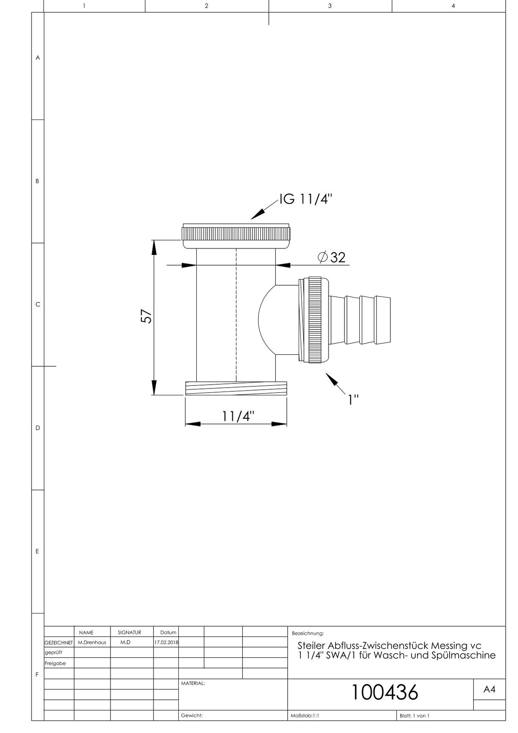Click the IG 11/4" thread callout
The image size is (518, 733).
point(306,199)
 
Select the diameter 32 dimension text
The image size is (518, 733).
point(332,257)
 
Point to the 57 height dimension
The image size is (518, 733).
point(146,316)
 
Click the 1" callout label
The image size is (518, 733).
point(353,400)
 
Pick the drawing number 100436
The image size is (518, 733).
point(384,692)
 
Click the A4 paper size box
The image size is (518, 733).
point(489,689)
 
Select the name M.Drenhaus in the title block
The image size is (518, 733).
point(92,642)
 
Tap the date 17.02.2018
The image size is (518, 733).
point(166,642)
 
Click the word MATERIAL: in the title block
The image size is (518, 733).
point(193,683)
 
